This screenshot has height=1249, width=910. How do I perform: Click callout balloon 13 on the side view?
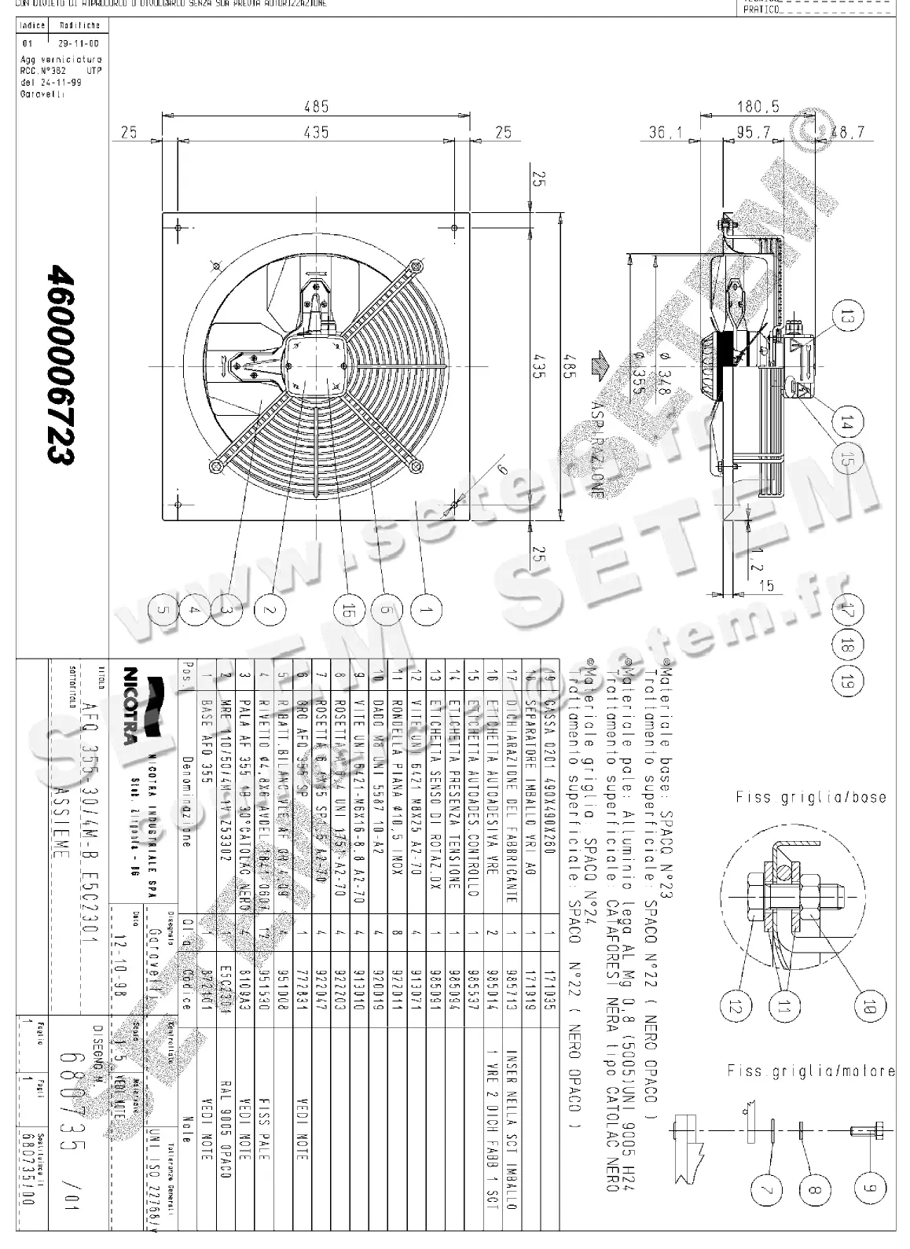(846, 318)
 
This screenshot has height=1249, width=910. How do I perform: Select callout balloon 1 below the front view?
(425, 610)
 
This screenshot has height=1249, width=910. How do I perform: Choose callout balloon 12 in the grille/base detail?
(737, 1005)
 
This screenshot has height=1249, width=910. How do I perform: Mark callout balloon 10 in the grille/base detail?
(869, 1005)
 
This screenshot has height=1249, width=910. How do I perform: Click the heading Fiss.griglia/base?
(810, 798)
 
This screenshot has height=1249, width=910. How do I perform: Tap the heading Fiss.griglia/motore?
(810, 1071)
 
